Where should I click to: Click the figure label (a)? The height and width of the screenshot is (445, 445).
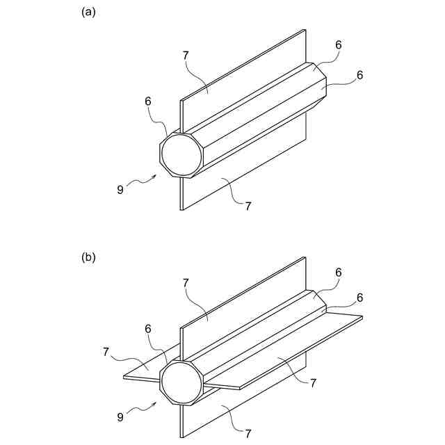click(88, 12)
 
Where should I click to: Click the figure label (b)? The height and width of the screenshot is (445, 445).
click(88, 257)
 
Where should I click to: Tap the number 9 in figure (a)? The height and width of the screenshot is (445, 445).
click(120, 188)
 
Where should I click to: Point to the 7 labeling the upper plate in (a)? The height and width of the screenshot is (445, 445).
click(186, 55)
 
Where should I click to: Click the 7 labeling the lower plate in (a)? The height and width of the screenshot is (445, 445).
click(248, 204)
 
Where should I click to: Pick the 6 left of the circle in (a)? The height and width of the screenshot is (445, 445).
click(148, 102)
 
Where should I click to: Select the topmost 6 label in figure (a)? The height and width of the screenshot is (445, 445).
click(339, 44)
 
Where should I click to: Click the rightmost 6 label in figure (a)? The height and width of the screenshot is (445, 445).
click(359, 75)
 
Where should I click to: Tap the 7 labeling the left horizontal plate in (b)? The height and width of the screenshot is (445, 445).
click(106, 353)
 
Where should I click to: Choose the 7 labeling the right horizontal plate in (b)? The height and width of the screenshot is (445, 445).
click(314, 382)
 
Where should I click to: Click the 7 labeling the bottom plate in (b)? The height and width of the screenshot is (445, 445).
click(248, 434)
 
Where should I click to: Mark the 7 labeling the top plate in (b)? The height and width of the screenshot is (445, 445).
click(186, 283)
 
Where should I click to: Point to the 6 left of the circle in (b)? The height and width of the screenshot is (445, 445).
click(148, 329)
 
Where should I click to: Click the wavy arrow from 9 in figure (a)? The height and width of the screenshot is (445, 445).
click(143, 181)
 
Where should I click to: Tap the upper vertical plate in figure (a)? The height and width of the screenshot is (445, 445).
click(243, 76)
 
